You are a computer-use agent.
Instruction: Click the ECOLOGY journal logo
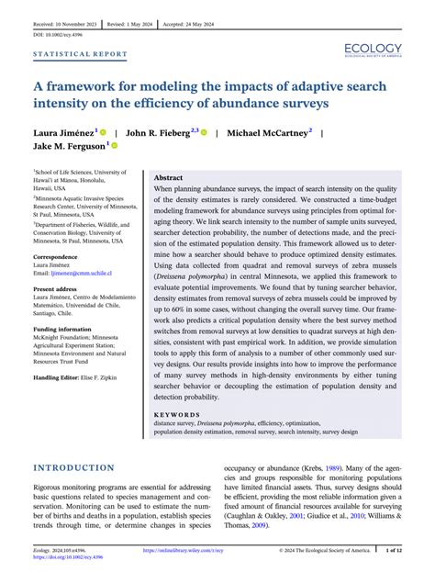374,50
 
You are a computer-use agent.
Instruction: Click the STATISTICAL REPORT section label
81,54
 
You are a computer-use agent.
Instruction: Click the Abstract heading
168,177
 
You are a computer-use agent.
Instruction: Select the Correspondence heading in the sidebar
56,257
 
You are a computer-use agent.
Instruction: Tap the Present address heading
58,288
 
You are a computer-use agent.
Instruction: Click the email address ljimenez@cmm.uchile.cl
91,273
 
